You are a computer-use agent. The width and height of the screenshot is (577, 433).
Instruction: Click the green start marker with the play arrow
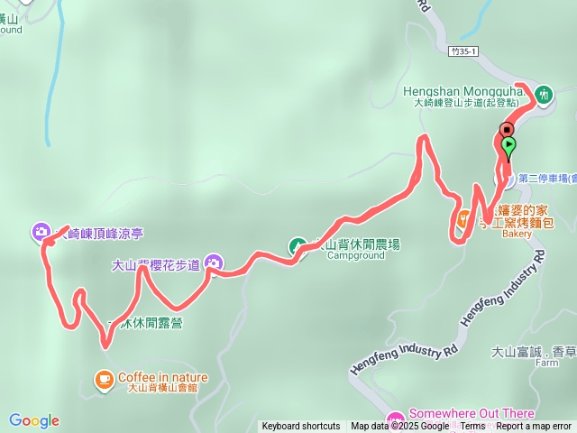508,144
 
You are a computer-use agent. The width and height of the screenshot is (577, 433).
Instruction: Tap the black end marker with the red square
507,129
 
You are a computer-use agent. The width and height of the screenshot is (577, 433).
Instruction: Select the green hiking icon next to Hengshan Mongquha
544,93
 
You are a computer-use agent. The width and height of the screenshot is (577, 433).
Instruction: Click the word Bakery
517,234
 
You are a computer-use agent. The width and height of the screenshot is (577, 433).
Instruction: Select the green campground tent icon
297,245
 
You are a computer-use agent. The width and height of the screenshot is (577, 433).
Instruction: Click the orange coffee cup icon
105,379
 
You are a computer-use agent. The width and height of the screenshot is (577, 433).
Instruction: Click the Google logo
34,420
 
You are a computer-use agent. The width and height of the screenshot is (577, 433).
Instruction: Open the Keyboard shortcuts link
301,427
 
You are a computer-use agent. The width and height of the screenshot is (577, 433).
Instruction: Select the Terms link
472,427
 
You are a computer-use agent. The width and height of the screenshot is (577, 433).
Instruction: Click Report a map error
534,427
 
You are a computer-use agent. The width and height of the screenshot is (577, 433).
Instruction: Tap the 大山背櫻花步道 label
154,266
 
